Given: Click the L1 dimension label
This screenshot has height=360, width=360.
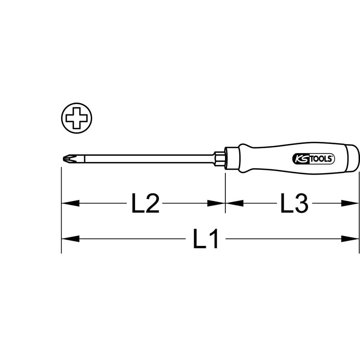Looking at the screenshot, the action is (206, 239).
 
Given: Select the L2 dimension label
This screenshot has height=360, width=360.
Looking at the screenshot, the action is (145, 203).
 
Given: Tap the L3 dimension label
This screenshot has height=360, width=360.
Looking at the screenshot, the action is (294, 203).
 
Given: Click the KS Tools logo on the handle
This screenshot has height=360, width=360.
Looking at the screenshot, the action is (314, 159).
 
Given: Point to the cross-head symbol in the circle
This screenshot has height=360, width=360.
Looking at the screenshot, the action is (77, 118).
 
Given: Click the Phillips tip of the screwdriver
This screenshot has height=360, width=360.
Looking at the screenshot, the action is (68, 159).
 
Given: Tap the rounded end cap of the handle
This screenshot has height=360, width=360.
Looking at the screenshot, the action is (352, 158).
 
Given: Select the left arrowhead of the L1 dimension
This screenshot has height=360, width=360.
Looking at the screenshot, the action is (71, 239).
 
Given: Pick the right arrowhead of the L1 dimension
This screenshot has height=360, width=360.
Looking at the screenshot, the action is (350, 239).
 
